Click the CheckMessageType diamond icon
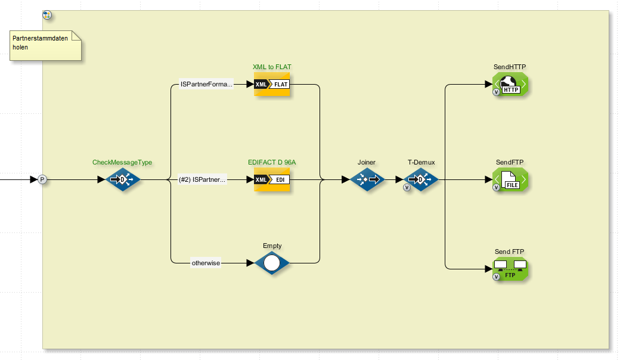pos(122,179)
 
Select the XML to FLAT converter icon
pos(272,84)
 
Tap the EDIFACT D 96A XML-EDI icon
pos(272,179)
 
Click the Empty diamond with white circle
pos(272,262)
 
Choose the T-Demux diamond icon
pos(421,179)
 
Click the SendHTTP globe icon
pos(511,84)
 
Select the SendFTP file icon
pos(511,179)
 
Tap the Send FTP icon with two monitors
pos(511,268)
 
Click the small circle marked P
pos(42,179)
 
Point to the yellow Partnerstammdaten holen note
pos(45,46)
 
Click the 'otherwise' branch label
pos(206,262)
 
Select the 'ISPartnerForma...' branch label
pos(206,85)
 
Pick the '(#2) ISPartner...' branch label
pos(203,179)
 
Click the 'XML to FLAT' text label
pos(272,67)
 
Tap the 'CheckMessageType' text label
pos(122,162)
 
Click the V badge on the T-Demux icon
pos(407,187)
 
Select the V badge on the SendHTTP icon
pos(496,92)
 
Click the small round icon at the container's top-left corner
pos(47,14)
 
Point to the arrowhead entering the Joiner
pos(345,179)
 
